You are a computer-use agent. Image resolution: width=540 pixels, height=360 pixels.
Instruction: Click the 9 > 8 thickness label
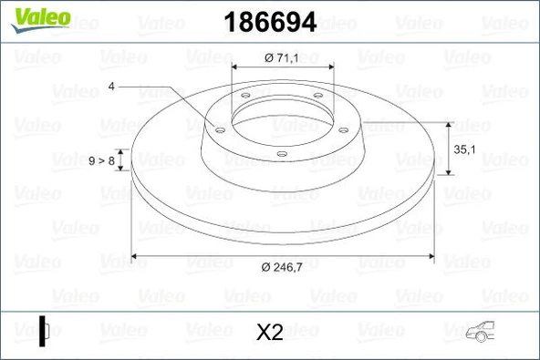tap(101, 161)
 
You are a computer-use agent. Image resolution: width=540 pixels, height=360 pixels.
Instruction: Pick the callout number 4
tap(110, 87)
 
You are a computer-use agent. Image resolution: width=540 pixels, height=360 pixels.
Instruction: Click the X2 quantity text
tap(270, 333)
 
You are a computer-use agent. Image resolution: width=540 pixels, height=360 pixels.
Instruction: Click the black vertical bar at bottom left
tap(42, 330)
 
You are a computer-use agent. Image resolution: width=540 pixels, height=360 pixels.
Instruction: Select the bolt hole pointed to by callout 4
tap(218, 129)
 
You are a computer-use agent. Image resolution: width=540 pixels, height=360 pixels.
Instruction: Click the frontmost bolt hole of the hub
tap(282, 152)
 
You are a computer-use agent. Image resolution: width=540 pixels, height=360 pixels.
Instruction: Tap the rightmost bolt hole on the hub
tap(343, 129)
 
